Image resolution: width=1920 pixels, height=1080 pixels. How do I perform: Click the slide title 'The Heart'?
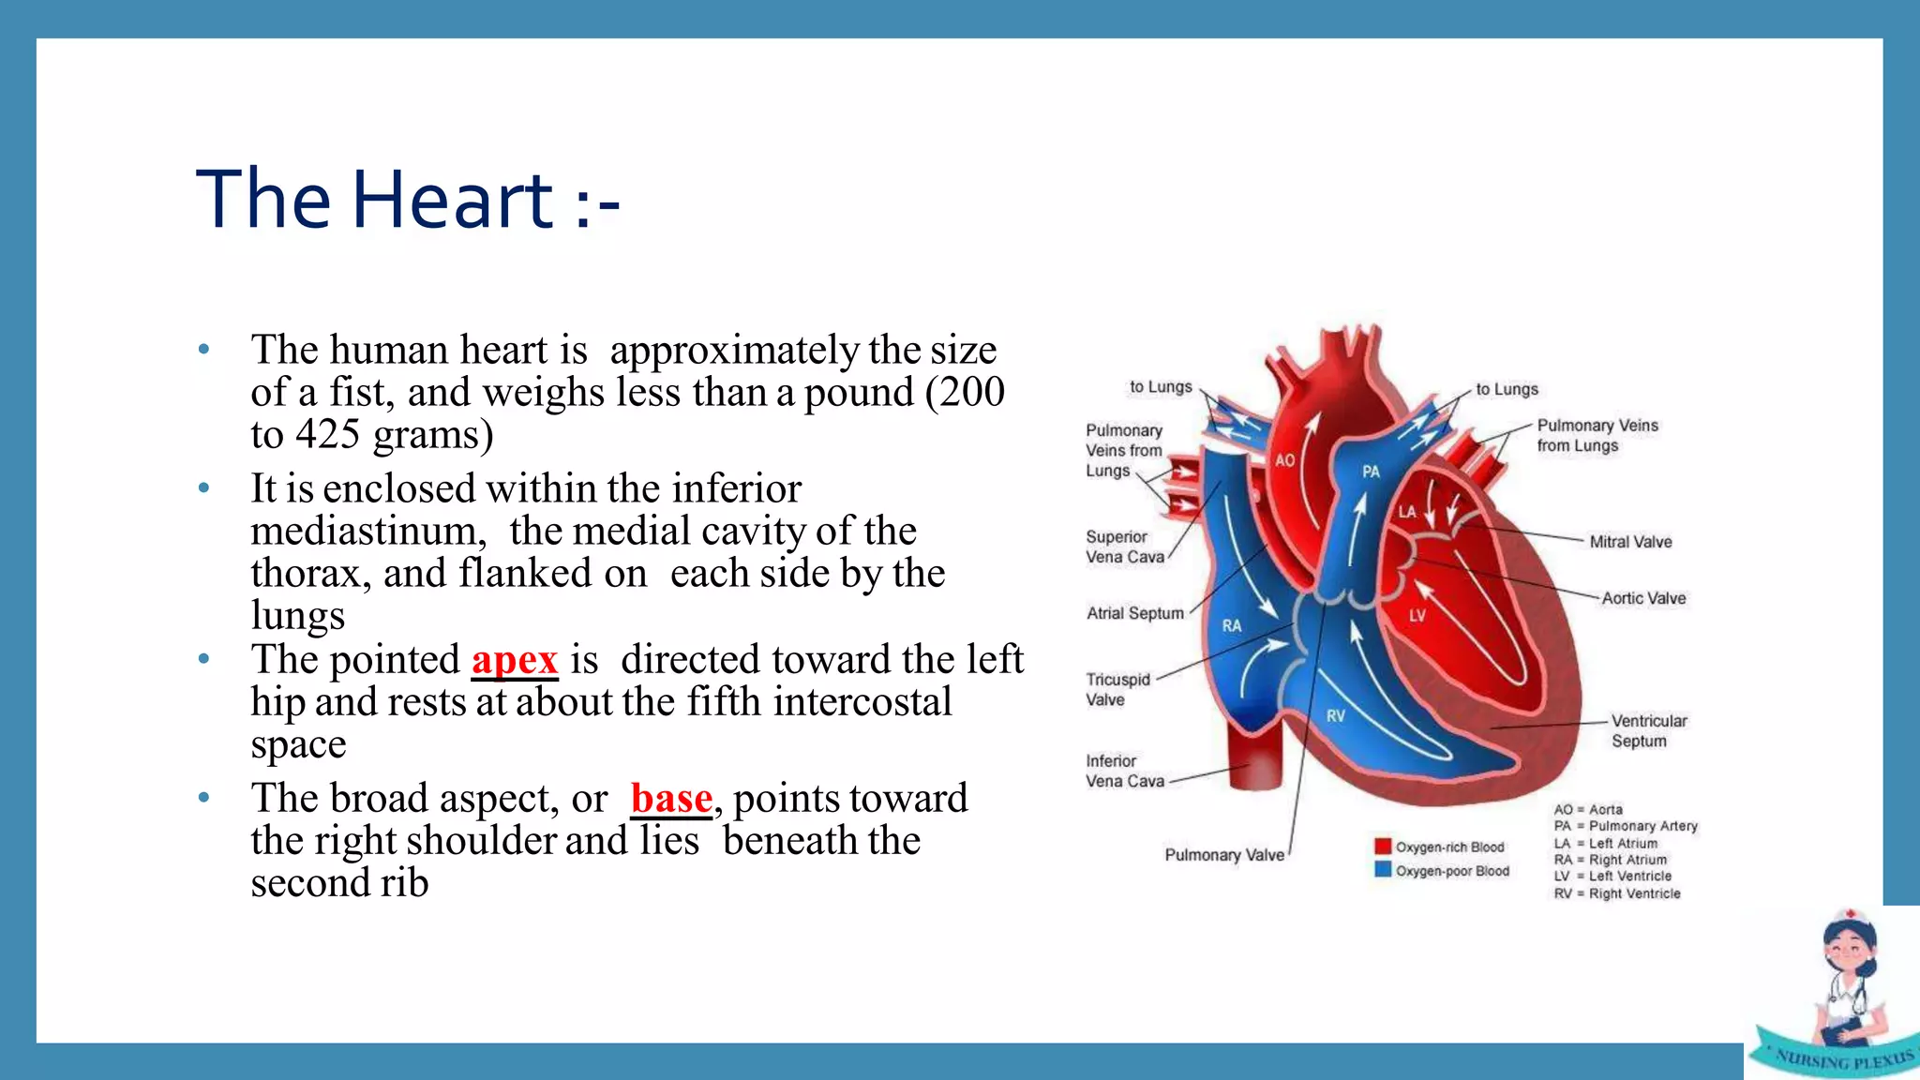(407, 200)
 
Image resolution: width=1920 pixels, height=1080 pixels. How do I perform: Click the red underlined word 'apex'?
(515, 660)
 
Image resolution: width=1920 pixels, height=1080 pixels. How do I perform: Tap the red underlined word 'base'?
(671, 799)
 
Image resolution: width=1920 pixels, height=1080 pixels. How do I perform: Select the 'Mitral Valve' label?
(1630, 542)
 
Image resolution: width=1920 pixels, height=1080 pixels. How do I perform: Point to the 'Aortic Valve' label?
(1642, 598)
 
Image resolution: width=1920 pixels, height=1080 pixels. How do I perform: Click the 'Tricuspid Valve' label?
(1117, 689)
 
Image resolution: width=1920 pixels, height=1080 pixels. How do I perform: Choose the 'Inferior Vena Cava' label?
(1124, 771)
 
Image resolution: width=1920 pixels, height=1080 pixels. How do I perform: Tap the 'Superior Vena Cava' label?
(1124, 547)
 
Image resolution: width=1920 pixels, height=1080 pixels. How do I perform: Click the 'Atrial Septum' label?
(1134, 613)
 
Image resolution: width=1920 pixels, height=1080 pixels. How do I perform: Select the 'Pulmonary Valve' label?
(1223, 855)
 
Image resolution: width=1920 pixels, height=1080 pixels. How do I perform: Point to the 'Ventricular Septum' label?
(1648, 730)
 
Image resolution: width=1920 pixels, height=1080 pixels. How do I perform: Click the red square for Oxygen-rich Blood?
(1383, 847)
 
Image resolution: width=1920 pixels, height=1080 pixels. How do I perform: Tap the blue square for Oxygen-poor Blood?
(1383, 870)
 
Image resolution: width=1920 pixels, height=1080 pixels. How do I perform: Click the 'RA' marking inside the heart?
(1232, 625)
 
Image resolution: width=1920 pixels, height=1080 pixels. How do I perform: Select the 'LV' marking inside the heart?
(1417, 616)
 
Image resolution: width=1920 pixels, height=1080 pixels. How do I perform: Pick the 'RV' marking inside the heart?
(1336, 715)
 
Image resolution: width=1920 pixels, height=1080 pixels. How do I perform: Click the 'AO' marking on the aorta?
(1284, 460)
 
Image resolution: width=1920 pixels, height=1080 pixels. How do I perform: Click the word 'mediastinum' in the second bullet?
(368, 532)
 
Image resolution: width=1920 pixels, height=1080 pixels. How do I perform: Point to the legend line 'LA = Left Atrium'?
(1605, 843)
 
